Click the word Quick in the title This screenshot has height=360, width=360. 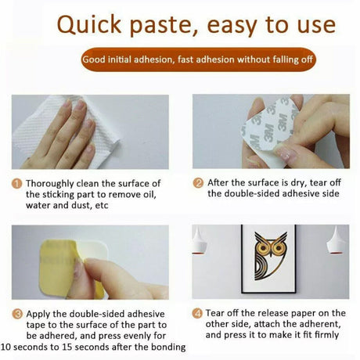[x=89, y=25]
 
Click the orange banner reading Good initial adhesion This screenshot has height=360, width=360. [x=198, y=59]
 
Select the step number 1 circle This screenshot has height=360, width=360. [x=16, y=184]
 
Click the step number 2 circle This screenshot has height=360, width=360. [x=198, y=183]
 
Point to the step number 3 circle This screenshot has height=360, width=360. [x=17, y=314]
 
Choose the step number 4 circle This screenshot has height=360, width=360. [x=197, y=313]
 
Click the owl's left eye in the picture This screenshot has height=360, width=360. [x=263, y=247]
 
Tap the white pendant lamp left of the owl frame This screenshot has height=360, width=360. [x=199, y=241]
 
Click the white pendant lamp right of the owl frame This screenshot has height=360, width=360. [x=336, y=241]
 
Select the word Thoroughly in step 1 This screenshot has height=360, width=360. [x=49, y=184]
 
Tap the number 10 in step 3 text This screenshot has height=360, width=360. [x=5, y=347]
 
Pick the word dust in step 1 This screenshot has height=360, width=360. [x=83, y=206]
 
